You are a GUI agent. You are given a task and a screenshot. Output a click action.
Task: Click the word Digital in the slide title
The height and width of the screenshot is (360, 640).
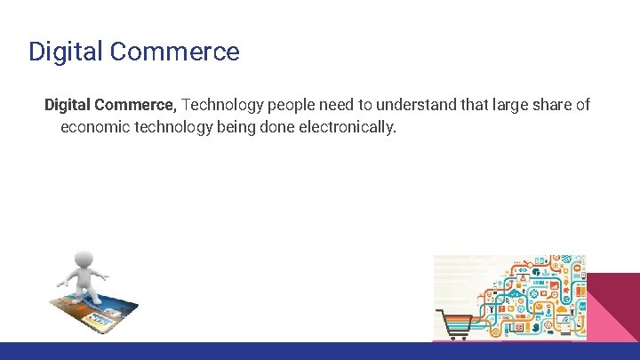coord(65,52)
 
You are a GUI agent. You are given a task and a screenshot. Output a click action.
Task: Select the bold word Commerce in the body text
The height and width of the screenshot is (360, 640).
coord(136,105)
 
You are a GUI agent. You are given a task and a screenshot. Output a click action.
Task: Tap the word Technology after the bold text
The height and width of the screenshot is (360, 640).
coord(221,105)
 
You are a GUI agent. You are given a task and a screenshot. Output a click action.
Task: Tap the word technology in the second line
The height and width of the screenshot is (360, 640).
coord(174,127)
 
